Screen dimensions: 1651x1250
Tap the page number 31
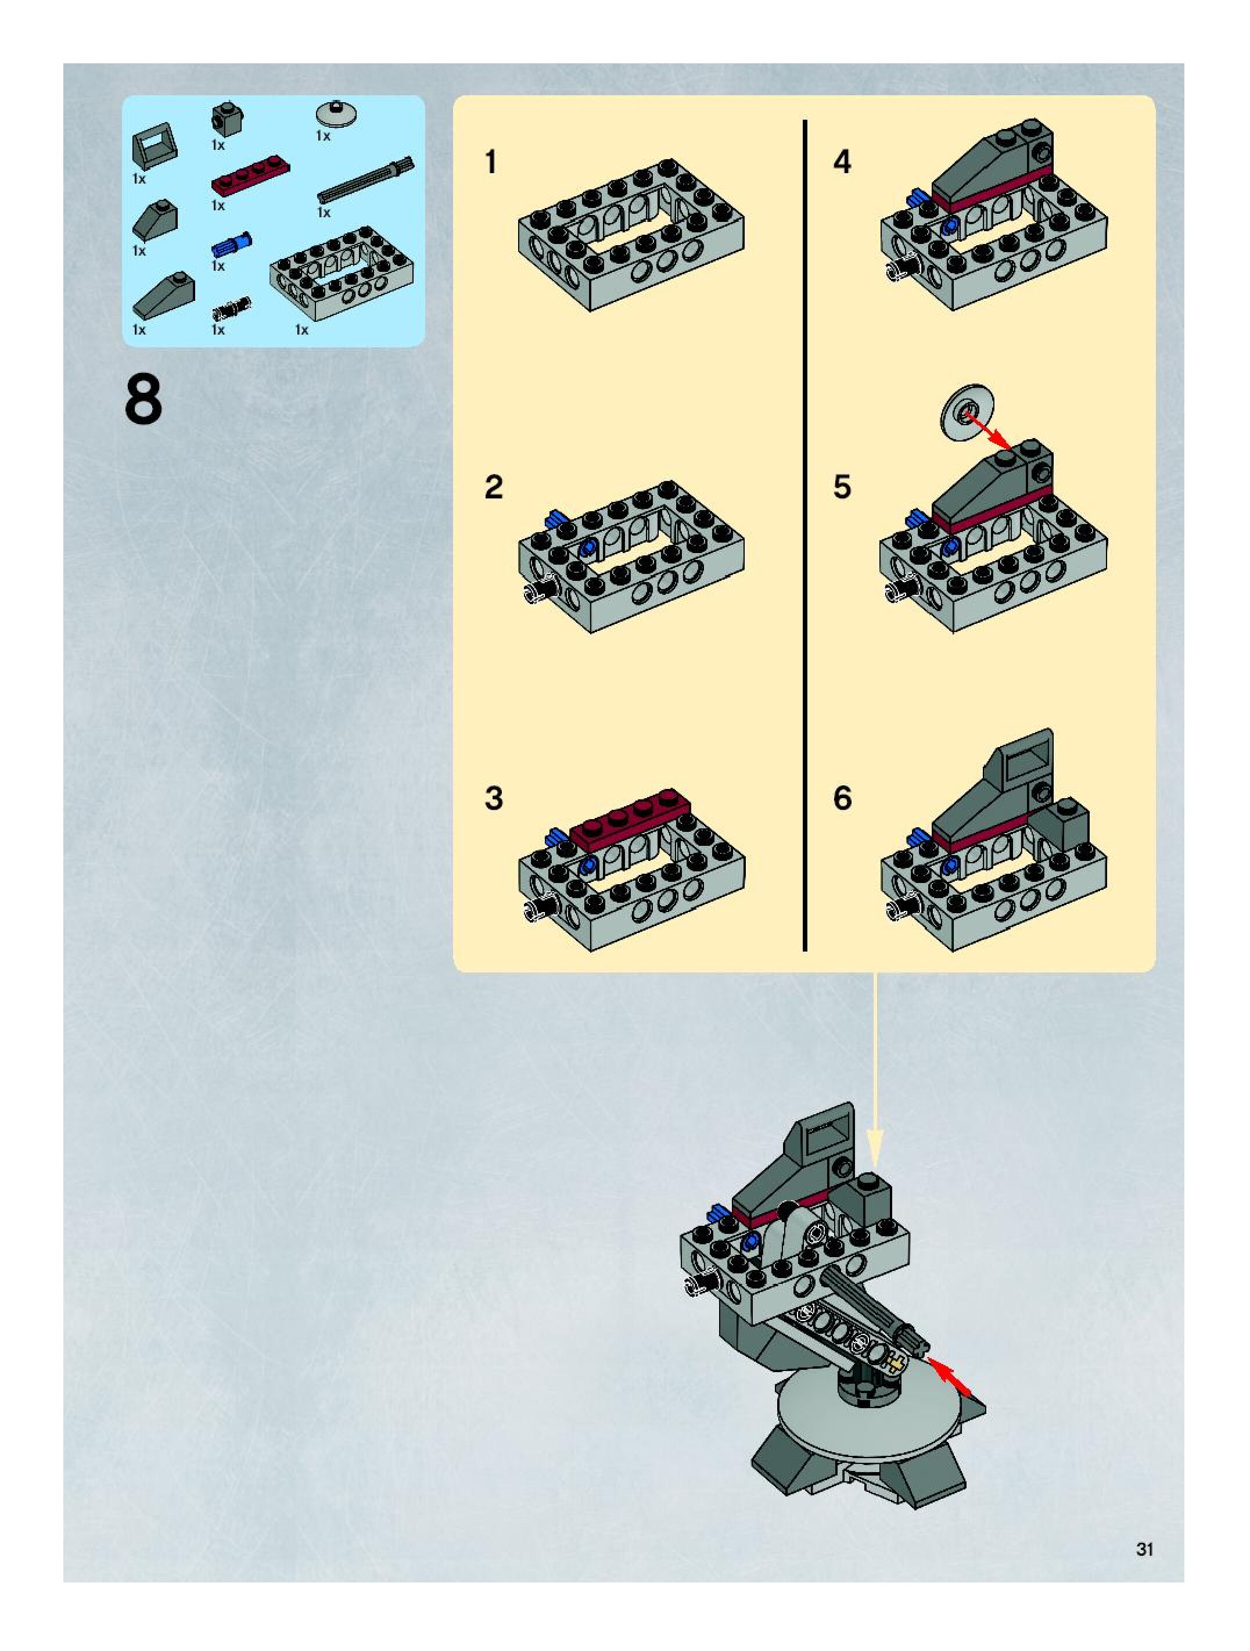(1144, 1549)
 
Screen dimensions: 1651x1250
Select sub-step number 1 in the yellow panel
(490, 162)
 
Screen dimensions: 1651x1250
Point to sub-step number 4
(842, 162)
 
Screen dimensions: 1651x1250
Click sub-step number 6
(842, 799)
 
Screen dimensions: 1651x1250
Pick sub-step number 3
(493, 799)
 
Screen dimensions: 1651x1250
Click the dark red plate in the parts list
(251, 174)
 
